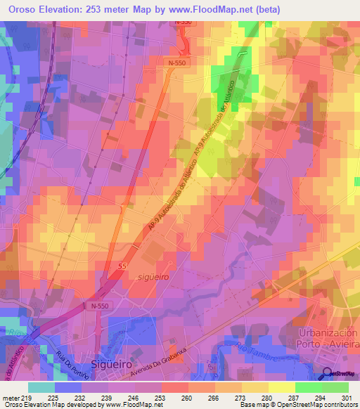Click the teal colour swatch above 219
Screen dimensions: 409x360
click(x=41, y=387)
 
